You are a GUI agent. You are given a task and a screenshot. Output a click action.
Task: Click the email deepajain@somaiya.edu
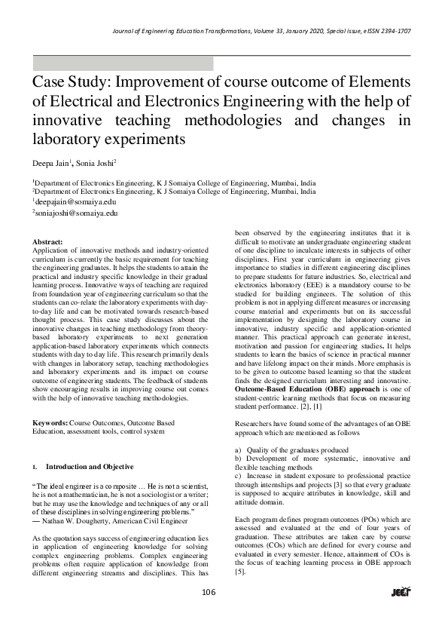pos(75,202)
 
